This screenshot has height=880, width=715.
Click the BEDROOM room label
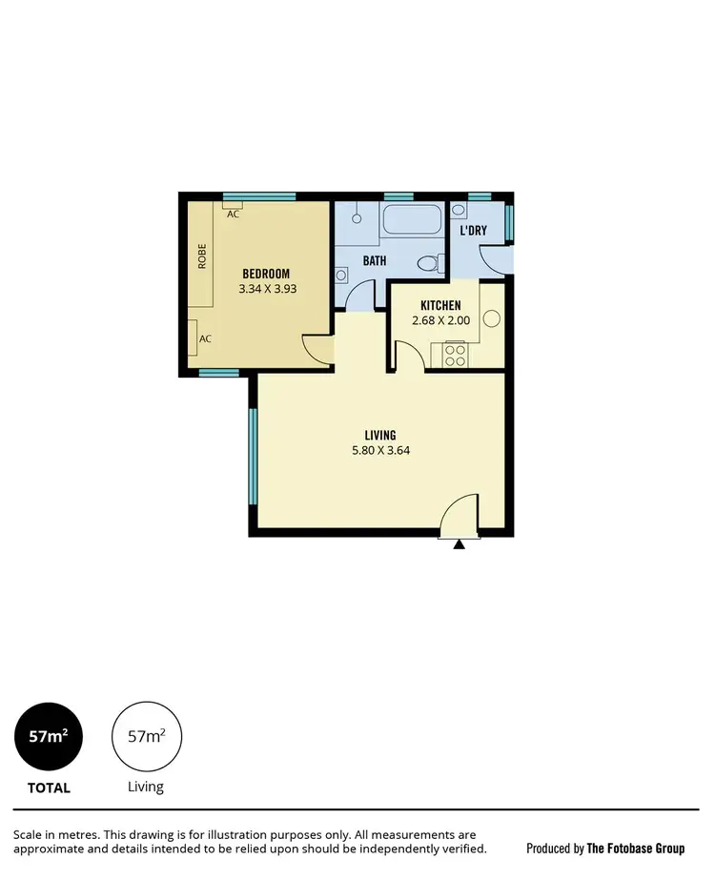coord(265,274)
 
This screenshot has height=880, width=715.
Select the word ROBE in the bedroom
coord(202,257)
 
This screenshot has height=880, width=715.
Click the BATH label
coord(373,259)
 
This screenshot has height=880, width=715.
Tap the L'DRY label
coord(474,231)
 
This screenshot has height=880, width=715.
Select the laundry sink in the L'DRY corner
coord(459,210)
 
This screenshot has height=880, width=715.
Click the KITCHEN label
coord(440,305)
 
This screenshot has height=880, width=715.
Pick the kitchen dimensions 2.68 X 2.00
coord(441,320)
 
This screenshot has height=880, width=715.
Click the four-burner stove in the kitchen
coord(455,356)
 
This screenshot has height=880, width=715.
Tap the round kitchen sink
coord(492,319)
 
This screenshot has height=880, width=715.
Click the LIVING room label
coord(379,435)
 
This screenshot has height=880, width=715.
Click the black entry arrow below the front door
coord(459,544)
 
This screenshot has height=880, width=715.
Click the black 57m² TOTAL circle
coord(49,737)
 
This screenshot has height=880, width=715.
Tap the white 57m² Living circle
coord(146,737)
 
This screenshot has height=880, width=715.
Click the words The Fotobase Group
coord(635,848)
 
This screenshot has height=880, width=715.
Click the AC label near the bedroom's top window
coord(233,215)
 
